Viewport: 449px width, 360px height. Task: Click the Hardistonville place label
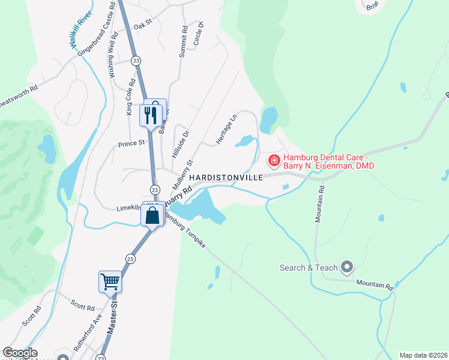226,178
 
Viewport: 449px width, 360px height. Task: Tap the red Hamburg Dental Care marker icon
274,160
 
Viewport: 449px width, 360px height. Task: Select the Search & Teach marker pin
346,266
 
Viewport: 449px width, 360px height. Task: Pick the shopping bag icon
152,215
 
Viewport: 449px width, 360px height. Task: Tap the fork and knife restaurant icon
150,114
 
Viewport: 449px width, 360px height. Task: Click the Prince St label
131,143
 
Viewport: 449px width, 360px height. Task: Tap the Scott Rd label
83,307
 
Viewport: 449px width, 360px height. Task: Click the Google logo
20,353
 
